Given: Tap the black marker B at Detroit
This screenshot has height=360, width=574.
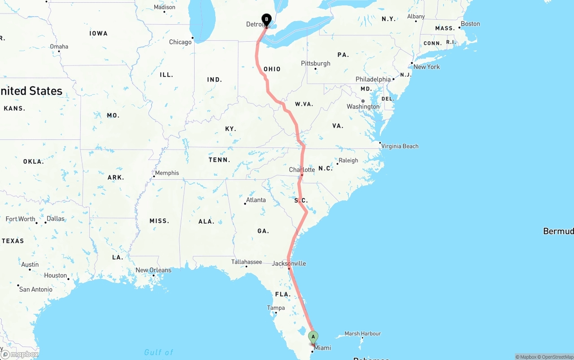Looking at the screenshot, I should [266, 19].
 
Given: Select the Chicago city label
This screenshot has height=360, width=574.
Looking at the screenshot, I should [180, 42].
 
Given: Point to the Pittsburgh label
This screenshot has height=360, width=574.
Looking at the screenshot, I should [316, 63].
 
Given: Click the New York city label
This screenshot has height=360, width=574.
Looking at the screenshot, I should [426, 67].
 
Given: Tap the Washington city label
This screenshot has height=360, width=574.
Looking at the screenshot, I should [363, 107].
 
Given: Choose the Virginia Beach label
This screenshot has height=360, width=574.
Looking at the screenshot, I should [400, 146].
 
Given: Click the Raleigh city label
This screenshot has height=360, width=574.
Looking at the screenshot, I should [348, 160].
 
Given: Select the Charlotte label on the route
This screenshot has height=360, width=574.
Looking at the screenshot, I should [302, 170].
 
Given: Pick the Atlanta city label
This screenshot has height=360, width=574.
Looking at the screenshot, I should [256, 200].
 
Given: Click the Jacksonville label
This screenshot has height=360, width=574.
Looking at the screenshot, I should [289, 263].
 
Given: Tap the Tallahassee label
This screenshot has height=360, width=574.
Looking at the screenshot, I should [247, 262].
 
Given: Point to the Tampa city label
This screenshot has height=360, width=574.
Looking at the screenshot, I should [276, 308].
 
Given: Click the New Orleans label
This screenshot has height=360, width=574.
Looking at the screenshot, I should [153, 270].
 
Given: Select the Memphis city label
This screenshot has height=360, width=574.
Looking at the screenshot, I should [167, 173].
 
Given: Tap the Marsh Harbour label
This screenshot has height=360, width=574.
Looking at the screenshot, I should [363, 334].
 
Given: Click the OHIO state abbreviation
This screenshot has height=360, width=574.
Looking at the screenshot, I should [272, 69].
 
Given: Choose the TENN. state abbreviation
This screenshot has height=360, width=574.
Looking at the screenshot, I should [219, 160].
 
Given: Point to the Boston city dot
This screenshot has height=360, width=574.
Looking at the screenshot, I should [459, 27].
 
